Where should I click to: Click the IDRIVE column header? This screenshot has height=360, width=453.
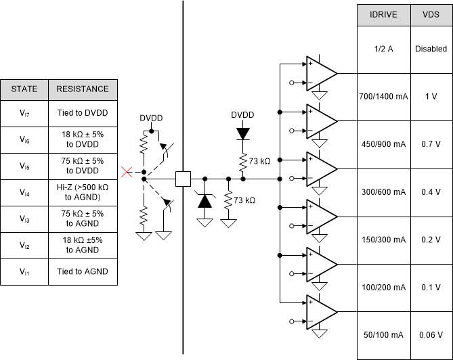click(384, 15)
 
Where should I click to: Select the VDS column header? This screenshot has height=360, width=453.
click(431, 15)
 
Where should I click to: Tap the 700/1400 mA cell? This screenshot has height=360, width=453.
click(384, 97)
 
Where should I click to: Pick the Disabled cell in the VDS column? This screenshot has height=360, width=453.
click(431, 49)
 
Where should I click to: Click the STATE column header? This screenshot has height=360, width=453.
click(24, 89)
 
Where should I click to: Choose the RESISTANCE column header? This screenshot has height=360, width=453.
click(83, 89)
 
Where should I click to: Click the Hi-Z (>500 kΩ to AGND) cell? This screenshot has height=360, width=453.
click(83, 193)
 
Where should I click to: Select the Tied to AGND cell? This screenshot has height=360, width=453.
click(83, 271)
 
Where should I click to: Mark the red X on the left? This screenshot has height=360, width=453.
click(125, 173)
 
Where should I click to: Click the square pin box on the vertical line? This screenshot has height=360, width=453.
click(183, 179)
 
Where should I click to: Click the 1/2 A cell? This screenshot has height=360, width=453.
click(384, 49)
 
